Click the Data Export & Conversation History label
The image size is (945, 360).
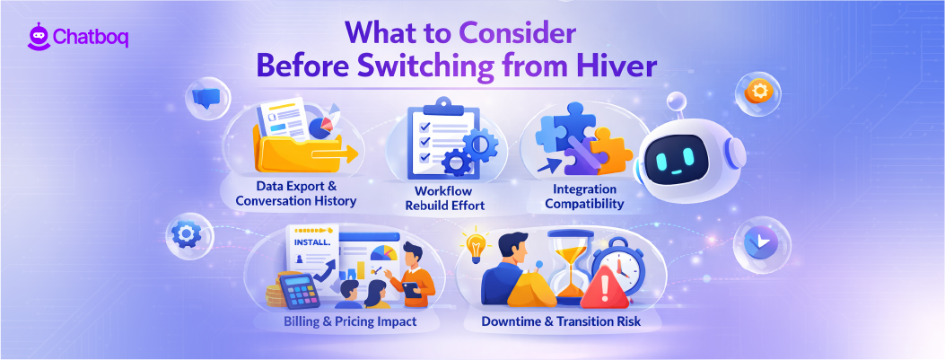point(295,193)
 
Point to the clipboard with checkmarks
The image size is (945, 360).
point(435,139)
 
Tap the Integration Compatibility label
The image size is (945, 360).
point(584,197)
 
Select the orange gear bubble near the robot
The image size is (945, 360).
point(757,91)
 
